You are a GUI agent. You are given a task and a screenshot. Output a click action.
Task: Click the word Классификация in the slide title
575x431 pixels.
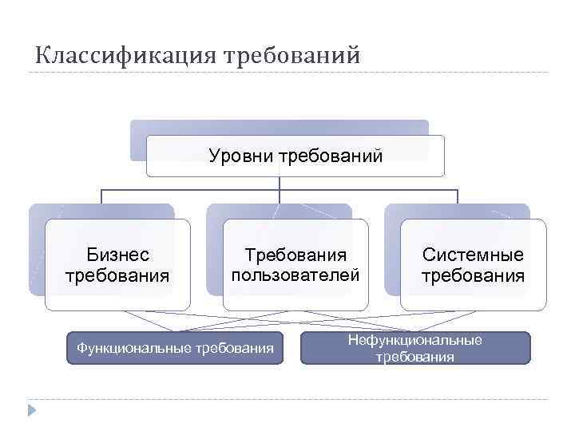(125, 57)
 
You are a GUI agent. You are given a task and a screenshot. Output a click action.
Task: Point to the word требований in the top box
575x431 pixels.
(328, 156)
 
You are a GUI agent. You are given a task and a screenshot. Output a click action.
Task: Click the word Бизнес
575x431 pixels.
(118, 255)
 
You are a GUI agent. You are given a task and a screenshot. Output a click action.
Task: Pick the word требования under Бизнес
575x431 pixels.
(118, 276)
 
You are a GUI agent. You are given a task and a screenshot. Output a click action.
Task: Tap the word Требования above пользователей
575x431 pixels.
(295, 255)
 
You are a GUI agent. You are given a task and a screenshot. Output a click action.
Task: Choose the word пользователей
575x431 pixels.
(295, 275)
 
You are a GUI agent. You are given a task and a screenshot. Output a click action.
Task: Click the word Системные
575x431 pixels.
(474, 255)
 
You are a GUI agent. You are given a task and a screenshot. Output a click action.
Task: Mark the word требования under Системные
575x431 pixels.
(474, 276)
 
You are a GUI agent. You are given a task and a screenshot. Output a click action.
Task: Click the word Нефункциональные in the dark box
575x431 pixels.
(414, 341)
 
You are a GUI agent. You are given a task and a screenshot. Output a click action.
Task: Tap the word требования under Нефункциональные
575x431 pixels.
(414, 357)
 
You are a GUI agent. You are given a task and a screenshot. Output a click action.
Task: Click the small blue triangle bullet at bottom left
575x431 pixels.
(30, 410)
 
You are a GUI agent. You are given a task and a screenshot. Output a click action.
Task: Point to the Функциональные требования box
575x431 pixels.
(175, 348)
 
